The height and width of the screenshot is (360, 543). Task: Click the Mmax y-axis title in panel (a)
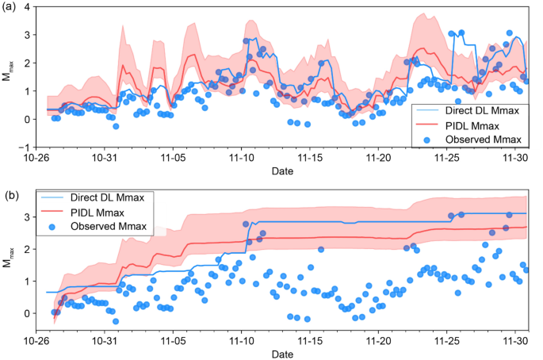9,78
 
